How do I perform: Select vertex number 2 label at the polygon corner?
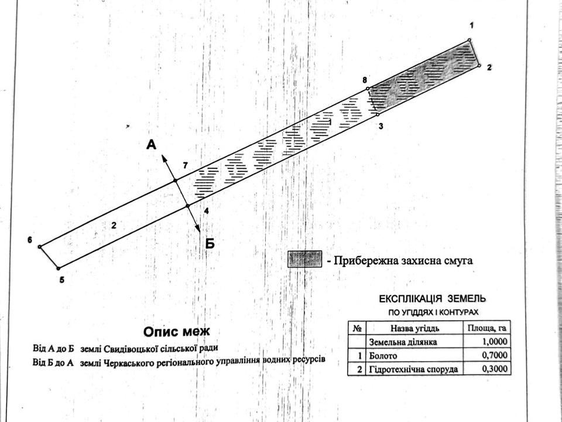coord(489,68)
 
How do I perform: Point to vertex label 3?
coord(381,125)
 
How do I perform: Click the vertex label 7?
coord(185,166)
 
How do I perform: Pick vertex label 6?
coord(29,240)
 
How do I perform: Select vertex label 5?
coord(61,280)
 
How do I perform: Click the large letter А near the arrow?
coord(151,145)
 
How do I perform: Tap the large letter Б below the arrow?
coord(210,243)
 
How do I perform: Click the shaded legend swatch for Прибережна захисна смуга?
coord(304,259)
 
